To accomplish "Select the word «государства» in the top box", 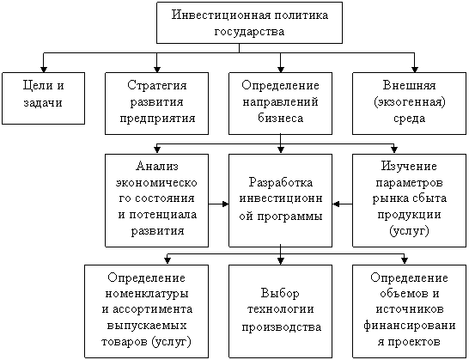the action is [249, 32].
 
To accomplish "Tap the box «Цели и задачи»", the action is [43, 98].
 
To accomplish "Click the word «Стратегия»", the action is [156, 86].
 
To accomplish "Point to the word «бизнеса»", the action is [280, 118].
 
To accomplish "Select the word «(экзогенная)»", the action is [410, 102].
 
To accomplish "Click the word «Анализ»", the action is [157, 166].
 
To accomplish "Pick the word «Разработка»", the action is [280, 182].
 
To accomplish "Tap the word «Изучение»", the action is [409, 166].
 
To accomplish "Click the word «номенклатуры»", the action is [147, 294].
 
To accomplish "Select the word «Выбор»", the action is [280, 293].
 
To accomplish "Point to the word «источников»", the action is [410, 309].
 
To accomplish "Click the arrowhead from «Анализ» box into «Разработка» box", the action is [225, 204].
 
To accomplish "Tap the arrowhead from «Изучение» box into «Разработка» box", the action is [336, 204].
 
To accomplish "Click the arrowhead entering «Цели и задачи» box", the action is [44, 69].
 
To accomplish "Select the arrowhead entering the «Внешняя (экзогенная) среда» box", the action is [415, 69].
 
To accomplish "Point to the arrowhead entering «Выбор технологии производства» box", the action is [280, 261].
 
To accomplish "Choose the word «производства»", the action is [281, 326].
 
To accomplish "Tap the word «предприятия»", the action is [157, 119].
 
